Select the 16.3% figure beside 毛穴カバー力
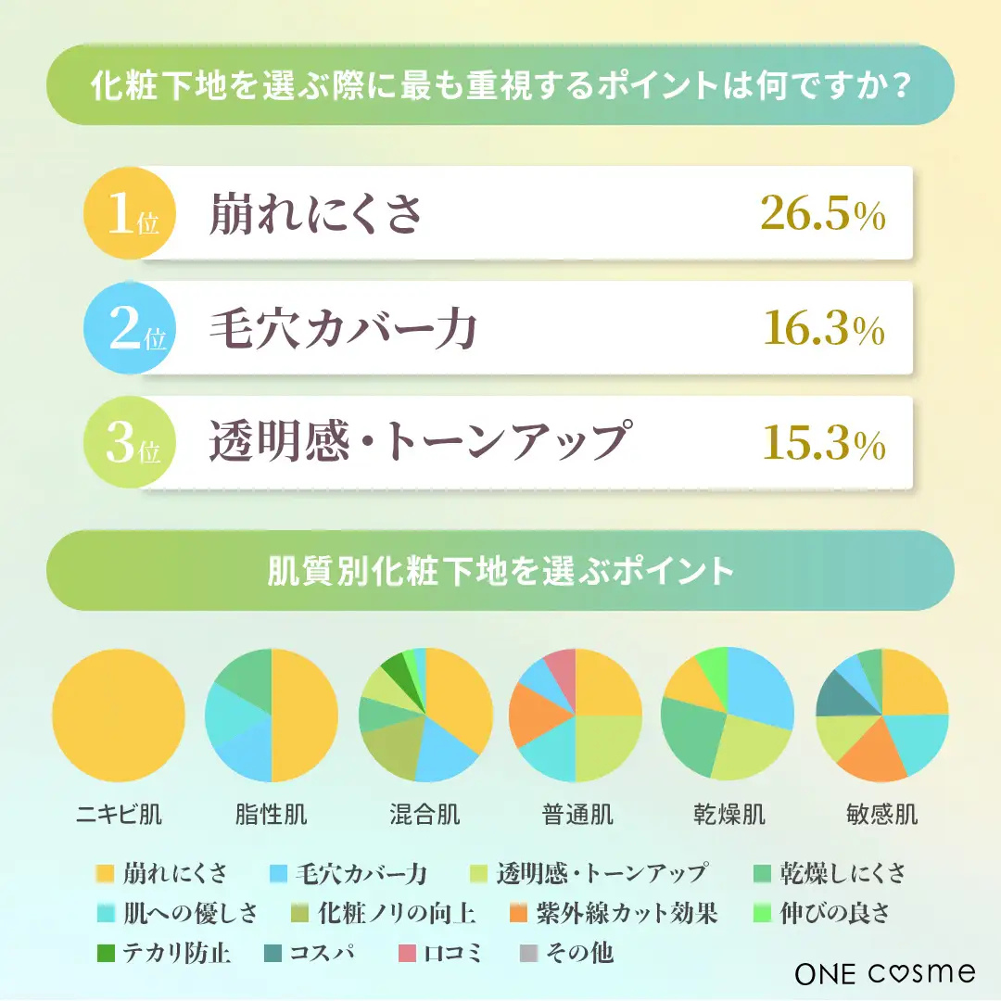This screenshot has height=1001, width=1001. (823, 330)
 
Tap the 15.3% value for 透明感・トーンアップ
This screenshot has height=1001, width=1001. (823, 444)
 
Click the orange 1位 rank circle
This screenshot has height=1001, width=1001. (127, 215)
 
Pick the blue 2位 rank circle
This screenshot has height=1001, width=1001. (127, 330)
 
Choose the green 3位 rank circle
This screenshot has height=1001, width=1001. (127, 444)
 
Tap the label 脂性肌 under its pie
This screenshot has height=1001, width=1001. (271, 815)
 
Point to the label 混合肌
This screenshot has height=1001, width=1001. (424, 815)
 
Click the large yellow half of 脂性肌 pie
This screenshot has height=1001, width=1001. (304, 716)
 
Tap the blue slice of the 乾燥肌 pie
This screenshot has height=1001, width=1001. (762, 686)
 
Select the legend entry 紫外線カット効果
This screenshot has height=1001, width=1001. (626, 913)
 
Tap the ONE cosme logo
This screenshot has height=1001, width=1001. (884, 972)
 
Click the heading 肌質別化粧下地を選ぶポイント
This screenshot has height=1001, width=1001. (500, 570)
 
